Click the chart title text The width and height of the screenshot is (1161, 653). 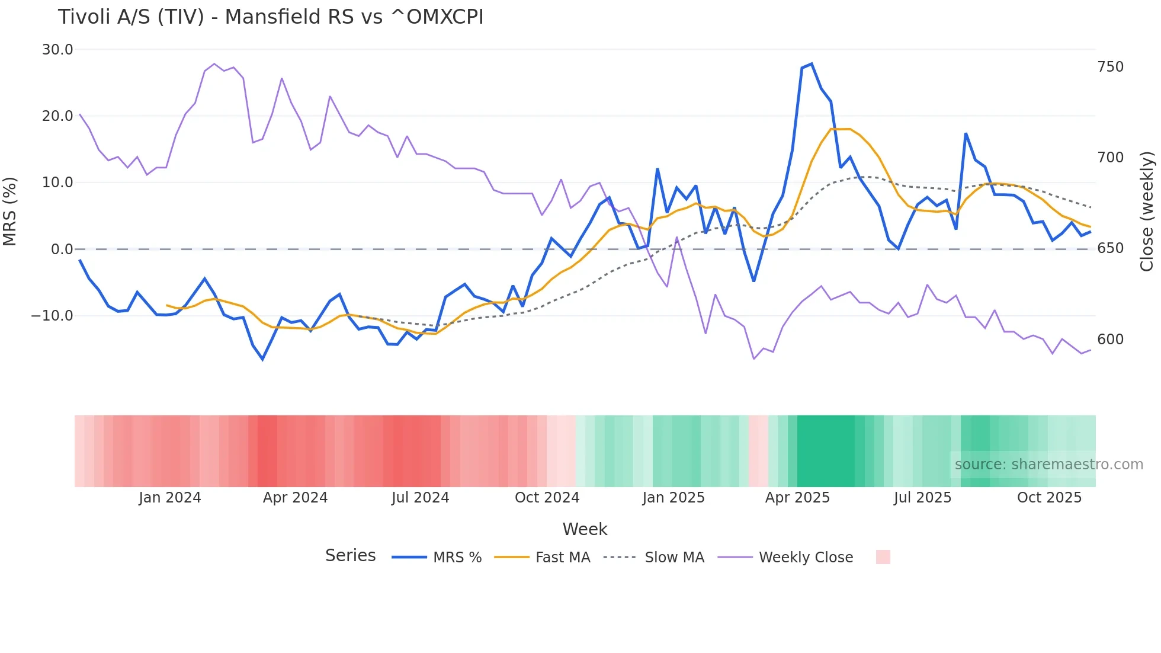pos(271,17)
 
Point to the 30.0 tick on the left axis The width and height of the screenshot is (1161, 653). pos(57,50)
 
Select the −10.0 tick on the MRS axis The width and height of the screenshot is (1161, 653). pos(52,316)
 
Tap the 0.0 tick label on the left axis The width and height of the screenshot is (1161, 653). pos(62,249)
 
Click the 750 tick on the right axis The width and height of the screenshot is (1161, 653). pos(1110,67)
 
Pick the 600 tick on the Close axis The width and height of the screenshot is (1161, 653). pos(1110,340)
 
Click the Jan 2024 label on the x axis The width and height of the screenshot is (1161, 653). pos(170,498)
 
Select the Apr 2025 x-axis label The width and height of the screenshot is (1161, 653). pos(797,498)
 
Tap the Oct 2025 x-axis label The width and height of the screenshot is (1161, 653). pos(1049,498)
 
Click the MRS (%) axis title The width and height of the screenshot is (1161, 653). pos(10,211)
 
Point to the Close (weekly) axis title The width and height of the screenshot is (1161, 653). pos(1147,211)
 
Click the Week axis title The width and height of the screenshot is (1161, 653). pos(585,529)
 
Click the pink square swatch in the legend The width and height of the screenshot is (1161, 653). pos(883,558)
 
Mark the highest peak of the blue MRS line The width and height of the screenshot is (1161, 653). pos(811,64)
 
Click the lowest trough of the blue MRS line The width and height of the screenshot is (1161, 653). pos(262,359)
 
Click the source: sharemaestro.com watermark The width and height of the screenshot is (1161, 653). pos(1048,465)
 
